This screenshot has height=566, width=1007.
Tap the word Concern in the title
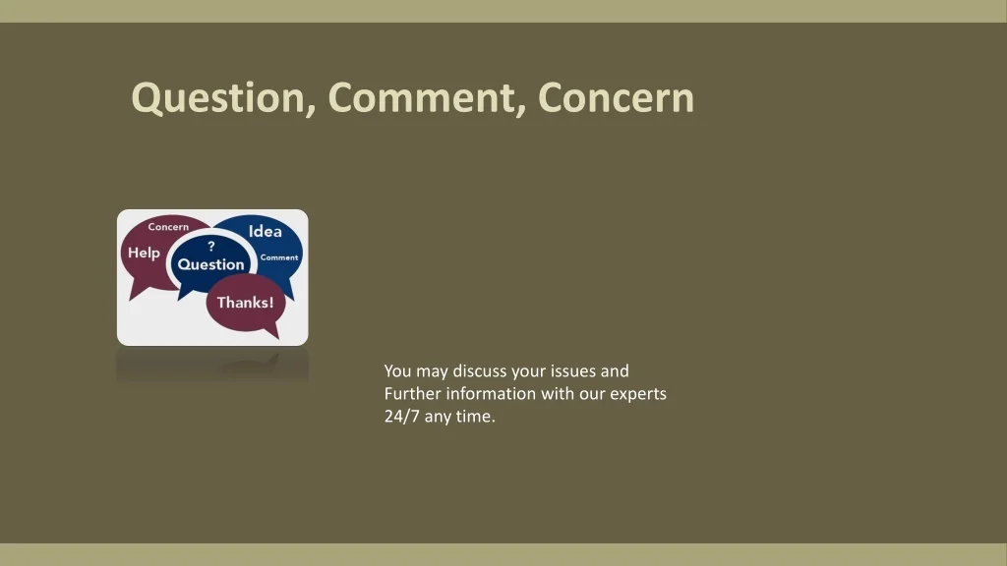click(x=616, y=97)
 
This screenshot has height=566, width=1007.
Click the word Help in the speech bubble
click(x=144, y=253)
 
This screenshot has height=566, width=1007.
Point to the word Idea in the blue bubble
click(x=266, y=231)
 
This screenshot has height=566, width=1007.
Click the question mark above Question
click(x=211, y=246)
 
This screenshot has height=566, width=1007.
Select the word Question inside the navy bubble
click(x=210, y=264)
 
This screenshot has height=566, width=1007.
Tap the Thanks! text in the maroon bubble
click(x=245, y=303)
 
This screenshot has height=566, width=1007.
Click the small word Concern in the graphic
click(x=168, y=227)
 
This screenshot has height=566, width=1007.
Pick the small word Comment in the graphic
click(x=279, y=257)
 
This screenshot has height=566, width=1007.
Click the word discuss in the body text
click(x=480, y=370)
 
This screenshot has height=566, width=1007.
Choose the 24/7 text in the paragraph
click(x=402, y=417)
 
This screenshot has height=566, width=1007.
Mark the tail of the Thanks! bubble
click(x=275, y=335)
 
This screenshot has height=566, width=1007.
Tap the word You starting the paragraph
click(x=397, y=370)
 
